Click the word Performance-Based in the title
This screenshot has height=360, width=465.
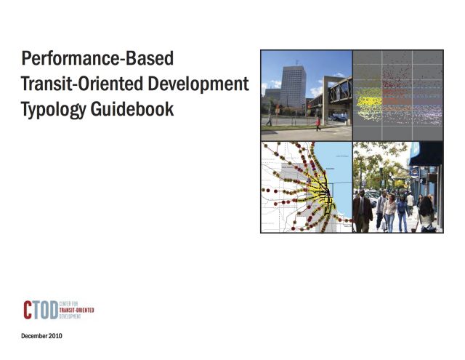pyautogui.click(x=97, y=57)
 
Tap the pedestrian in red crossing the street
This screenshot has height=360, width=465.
pyautogui.click(x=318, y=123)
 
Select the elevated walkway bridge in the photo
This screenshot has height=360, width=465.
pyautogui.click(x=333, y=90)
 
